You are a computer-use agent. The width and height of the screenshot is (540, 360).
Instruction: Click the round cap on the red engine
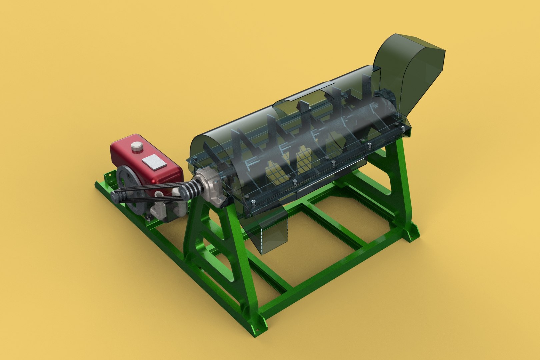pos(136,147)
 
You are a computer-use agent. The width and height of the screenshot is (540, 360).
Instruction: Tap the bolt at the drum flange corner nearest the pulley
pos(253,203)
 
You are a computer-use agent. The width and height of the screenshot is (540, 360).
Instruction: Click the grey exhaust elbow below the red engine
pos(160,210)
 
